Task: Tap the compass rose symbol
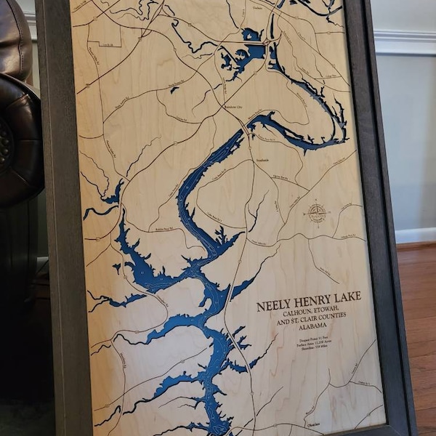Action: [x=317, y=213]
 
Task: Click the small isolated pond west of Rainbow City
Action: [x=174, y=90]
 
